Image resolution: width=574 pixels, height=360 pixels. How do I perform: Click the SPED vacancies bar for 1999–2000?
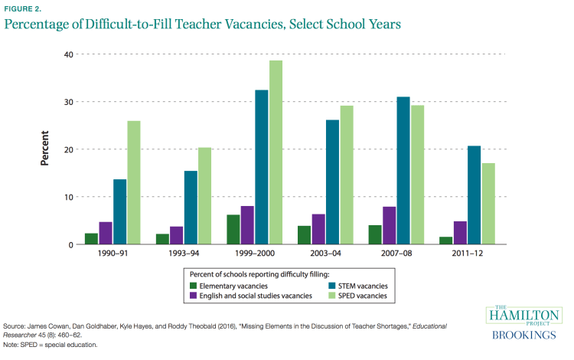pos(276,152)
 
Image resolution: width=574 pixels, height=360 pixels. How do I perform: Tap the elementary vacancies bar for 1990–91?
pos(93,239)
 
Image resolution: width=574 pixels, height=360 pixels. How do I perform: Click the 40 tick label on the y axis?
pos(68,54)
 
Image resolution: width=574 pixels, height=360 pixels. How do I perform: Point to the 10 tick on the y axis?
pos(68,197)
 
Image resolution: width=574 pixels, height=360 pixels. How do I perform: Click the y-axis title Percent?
pos(45,149)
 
